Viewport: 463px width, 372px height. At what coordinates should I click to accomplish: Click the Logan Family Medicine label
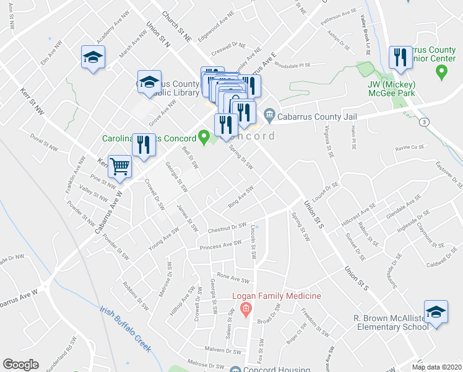[276, 296]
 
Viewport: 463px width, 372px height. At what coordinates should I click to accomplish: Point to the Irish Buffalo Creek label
[126, 329]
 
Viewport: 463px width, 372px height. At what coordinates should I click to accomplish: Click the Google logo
[20, 365]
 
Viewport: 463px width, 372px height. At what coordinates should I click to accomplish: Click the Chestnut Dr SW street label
[228, 228]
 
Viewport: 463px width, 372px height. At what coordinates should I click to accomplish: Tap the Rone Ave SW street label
[231, 278]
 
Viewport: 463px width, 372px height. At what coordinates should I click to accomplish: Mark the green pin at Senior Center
[441, 73]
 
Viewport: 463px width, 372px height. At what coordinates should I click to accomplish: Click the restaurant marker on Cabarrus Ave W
[144, 146]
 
